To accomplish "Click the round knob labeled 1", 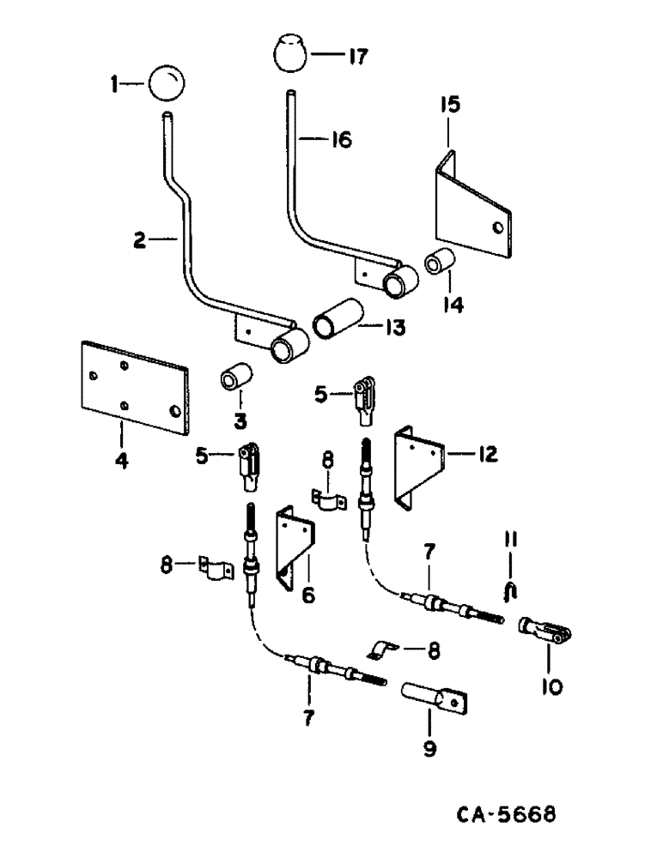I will [x=165, y=83].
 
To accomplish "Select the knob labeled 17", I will [x=290, y=56].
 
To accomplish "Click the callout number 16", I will [x=340, y=139].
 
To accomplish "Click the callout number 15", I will [x=449, y=105].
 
